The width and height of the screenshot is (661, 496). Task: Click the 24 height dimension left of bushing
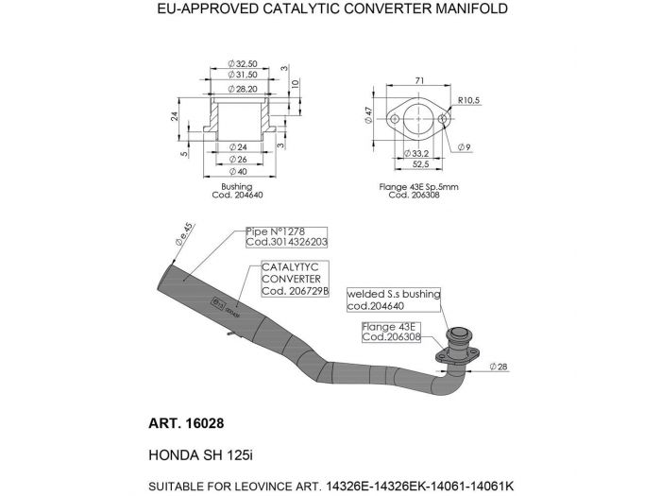(176, 117)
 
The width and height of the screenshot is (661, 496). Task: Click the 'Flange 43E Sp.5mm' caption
(419, 192)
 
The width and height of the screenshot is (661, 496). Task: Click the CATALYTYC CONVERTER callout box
(295, 280)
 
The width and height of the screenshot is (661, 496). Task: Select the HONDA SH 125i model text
(201, 453)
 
